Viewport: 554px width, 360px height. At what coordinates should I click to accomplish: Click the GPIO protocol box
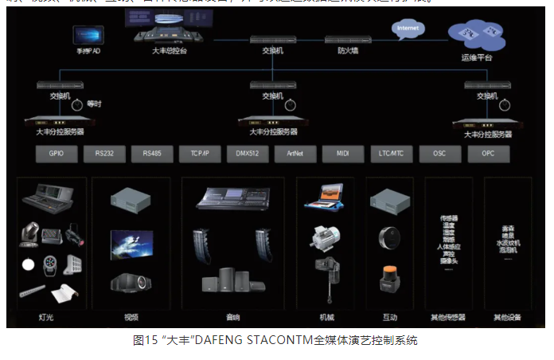56,154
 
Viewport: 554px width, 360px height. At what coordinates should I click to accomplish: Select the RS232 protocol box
104,154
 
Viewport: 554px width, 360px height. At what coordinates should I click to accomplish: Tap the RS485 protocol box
152,154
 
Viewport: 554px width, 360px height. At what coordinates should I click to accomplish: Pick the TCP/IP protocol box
200,154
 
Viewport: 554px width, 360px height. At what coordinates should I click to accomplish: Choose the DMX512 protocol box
248,154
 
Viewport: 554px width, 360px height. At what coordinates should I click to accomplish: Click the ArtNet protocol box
296,154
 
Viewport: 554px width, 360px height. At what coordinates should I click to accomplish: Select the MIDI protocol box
343,154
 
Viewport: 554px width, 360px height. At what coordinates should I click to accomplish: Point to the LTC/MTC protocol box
391,154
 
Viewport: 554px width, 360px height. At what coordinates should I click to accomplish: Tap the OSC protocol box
439,154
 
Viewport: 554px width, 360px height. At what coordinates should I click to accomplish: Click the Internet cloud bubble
408,29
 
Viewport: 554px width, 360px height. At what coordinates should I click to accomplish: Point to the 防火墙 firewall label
348,50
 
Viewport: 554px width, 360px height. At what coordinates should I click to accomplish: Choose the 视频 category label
131,317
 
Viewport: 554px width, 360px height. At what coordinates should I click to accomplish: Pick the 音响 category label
232,317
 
